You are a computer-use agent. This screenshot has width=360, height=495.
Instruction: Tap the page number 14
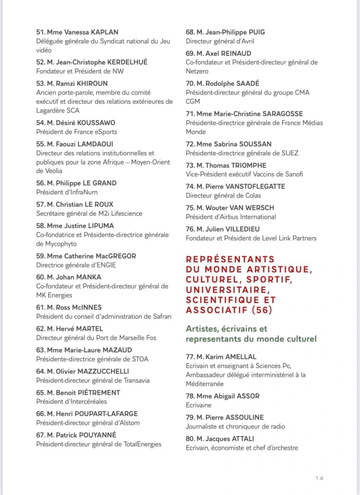tap(319, 478)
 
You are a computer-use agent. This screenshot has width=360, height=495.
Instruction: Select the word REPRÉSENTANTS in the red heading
tap(230, 259)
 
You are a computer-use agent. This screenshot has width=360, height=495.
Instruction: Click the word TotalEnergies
tap(142, 444)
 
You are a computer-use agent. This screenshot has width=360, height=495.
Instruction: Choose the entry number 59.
tap(40, 256)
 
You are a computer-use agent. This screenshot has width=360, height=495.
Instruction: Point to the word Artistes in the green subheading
tap(200, 329)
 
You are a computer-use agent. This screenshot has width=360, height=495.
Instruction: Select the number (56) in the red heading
tap(262, 310)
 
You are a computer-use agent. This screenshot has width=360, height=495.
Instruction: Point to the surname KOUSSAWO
tap(96, 123)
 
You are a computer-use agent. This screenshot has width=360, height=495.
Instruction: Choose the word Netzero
tap(197, 71)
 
